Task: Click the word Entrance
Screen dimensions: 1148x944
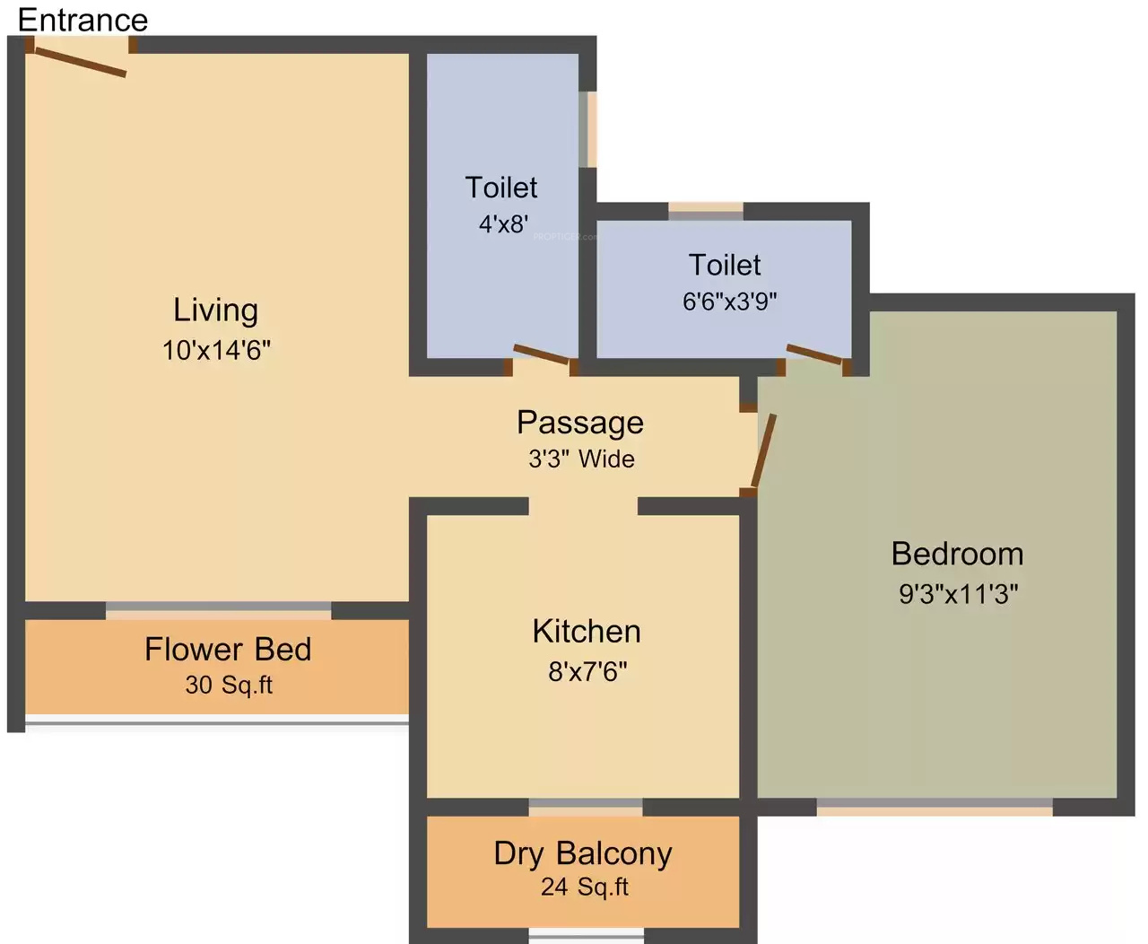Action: click(x=83, y=20)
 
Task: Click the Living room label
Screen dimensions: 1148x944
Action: click(x=216, y=311)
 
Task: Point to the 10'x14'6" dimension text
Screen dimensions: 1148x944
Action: click(x=217, y=350)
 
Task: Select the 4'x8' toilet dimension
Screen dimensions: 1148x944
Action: click(x=503, y=223)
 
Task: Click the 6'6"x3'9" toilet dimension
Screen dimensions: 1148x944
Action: click(x=730, y=302)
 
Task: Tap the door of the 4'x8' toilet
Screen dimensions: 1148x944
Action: click(x=542, y=354)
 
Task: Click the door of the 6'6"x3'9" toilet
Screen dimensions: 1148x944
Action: click(x=814, y=354)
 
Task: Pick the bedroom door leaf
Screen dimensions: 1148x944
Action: click(x=764, y=450)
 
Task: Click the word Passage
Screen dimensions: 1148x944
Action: click(x=580, y=423)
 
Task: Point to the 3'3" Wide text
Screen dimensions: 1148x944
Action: click(x=581, y=459)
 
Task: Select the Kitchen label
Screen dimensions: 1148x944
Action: click(x=587, y=632)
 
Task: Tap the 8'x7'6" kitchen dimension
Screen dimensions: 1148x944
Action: click(x=587, y=671)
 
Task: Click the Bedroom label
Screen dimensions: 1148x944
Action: click(x=958, y=554)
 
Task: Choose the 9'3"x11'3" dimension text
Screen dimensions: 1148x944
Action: click(x=959, y=594)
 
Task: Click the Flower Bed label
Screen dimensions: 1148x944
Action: click(x=228, y=650)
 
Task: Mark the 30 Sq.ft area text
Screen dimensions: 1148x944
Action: click(x=229, y=686)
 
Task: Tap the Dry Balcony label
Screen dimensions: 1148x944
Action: click(x=583, y=854)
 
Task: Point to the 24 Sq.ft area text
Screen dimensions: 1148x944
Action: click(x=585, y=887)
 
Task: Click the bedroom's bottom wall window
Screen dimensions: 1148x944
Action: click(x=935, y=808)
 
